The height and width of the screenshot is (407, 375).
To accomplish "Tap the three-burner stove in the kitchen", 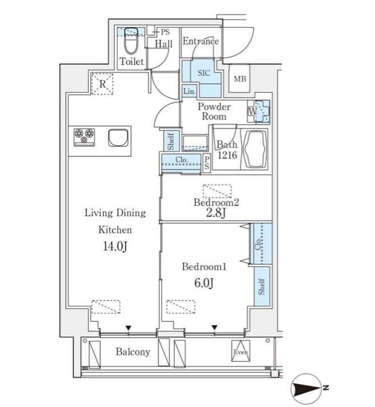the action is [84, 137].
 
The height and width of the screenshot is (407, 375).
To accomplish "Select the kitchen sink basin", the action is [118, 138].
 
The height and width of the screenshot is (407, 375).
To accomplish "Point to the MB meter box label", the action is [240, 78].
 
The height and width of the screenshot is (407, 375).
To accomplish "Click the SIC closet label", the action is [203, 73].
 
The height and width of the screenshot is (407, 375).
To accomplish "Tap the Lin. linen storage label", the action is [189, 92].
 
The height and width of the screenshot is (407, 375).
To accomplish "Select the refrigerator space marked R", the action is [103, 84].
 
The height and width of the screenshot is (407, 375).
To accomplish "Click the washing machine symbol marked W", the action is [259, 111].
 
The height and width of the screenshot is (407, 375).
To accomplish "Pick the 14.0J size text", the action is [115, 246].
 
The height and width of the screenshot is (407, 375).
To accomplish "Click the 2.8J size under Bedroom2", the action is [216, 213].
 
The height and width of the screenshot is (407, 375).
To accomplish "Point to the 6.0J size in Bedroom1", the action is [204, 282].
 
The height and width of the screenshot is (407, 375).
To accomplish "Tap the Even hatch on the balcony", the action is [241, 351].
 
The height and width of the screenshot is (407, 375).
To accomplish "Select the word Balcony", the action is [133, 351].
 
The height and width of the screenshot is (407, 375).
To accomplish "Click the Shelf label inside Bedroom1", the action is [262, 286].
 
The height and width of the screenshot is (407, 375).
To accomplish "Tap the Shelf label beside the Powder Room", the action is [171, 141].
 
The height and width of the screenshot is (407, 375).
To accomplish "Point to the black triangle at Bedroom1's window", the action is [214, 328].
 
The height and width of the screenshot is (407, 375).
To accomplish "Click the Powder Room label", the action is [214, 111].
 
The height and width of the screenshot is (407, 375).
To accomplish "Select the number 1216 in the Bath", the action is [227, 155].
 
